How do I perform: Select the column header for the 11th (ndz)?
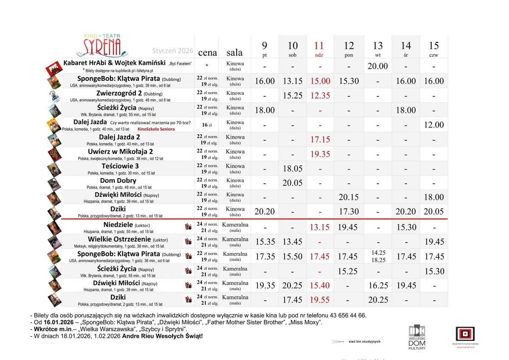pos(319,48)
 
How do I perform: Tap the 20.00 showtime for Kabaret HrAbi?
pos(378,66)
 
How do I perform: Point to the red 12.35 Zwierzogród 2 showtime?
pos(319,96)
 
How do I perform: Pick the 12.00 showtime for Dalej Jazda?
pos(433,125)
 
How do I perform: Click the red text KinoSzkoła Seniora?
pos(156,129)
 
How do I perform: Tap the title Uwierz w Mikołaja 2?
pos(120,151)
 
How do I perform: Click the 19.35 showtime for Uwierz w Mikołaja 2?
pos(319,154)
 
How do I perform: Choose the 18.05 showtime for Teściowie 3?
pos(292,169)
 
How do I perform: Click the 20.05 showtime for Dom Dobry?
pos(292,183)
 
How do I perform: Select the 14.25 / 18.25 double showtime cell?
pos(378,257)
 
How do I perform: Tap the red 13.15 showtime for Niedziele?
pos(319,227)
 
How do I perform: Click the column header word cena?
pos(207,53)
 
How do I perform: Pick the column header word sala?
pos(235,53)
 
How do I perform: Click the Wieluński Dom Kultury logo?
pos(417,337)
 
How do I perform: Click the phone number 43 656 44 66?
pos(346,315)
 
